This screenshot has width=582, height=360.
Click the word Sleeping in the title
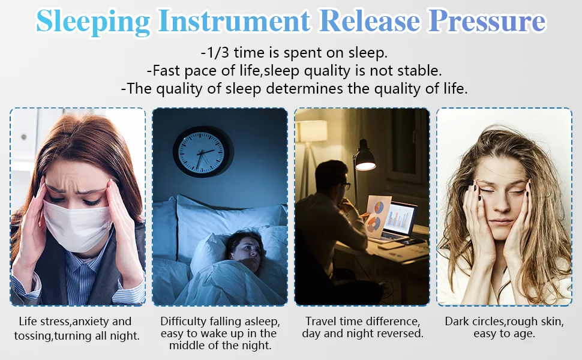[x=93, y=22]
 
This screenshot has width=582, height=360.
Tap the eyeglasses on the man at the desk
[x=346, y=186]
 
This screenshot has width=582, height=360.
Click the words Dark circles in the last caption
[x=474, y=322]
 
